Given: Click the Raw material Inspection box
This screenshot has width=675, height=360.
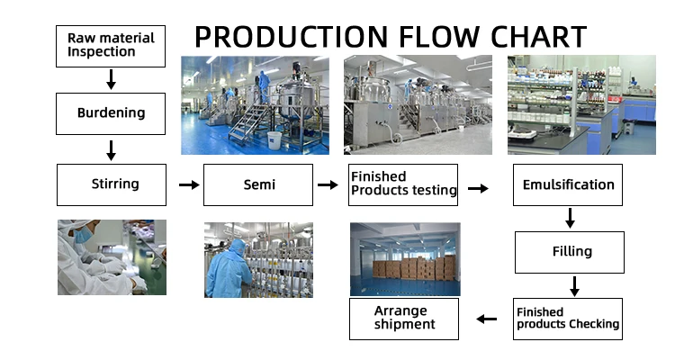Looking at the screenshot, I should click(112, 45).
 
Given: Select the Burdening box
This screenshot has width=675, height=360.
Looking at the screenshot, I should click(112, 114).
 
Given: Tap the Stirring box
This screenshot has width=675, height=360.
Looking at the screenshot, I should click(112, 184).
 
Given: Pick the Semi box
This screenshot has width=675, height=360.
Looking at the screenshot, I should click(258, 184).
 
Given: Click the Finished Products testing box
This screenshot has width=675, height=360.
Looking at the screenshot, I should click(404, 184).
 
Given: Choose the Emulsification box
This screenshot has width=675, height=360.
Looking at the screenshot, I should click(569, 184).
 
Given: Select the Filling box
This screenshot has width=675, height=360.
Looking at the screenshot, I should click(569, 252).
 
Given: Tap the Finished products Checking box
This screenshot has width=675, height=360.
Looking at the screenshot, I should click(568, 319).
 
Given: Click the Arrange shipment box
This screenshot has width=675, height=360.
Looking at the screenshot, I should click(404, 319).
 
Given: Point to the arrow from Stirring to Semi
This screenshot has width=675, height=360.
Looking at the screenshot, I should click(189, 184).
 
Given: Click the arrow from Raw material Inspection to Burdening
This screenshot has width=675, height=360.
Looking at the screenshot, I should click(112, 80).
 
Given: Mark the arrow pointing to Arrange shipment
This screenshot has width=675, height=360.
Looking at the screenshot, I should click(487, 319).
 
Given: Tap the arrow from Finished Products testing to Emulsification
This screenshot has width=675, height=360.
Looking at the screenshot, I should click(479, 188).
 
